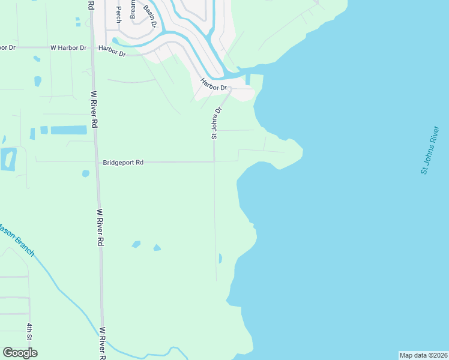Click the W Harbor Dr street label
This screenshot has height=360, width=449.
pos(68,47)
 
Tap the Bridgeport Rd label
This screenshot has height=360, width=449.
pos(123,162)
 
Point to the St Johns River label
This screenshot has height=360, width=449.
pos(430,150)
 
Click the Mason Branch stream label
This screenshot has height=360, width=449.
pos(17,239)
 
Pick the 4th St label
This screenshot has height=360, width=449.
pos(29,331)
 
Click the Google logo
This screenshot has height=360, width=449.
pos(20,353)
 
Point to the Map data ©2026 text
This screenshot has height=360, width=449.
pos(423,355)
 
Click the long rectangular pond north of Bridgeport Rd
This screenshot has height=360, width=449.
pos(68,130)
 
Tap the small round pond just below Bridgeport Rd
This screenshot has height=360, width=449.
pos(85,173)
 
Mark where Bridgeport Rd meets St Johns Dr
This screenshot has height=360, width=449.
pos(214,161)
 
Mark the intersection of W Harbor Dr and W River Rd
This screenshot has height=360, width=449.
pos(92,47)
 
